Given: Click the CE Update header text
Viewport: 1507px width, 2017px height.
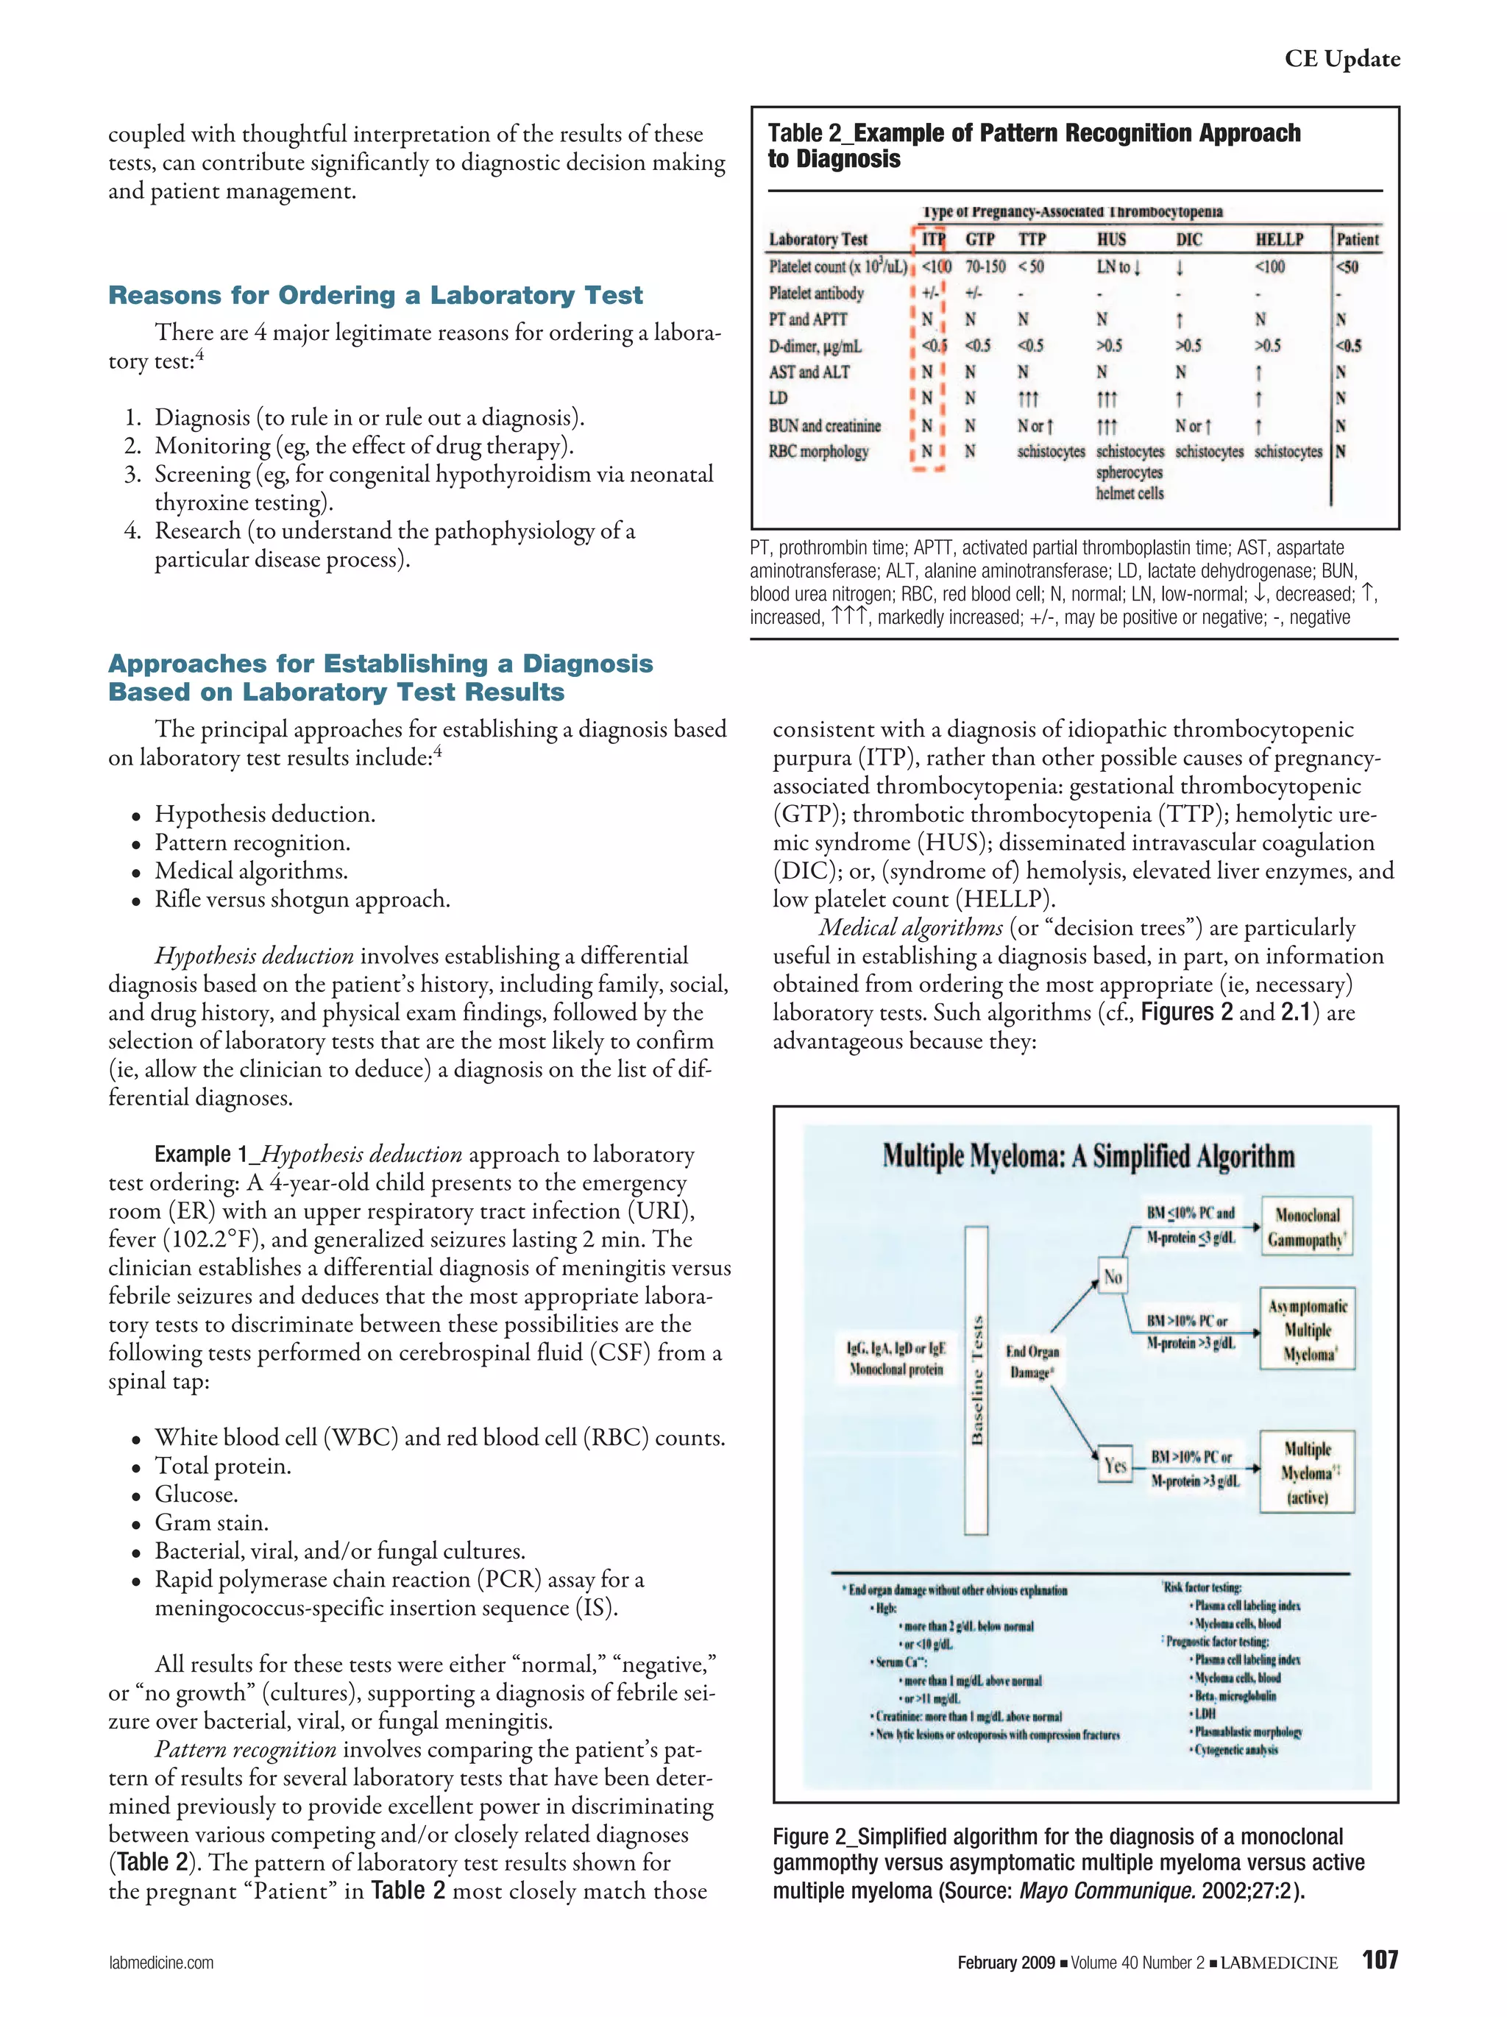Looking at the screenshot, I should tap(1341, 58).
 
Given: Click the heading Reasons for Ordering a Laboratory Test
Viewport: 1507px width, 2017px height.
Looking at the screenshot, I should tap(375, 295).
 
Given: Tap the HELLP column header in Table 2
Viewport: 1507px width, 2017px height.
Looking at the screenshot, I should tap(1278, 240).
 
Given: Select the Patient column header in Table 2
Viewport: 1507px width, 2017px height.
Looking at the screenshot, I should tap(1357, 240).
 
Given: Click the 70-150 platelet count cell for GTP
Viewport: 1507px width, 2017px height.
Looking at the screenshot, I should tap(985, 267).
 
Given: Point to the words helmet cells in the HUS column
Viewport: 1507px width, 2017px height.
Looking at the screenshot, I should tap(1129, 493).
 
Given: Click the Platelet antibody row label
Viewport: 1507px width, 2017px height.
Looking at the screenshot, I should tap(815, 294).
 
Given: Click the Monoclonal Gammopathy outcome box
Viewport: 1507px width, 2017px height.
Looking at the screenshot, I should tap(1306, 1227).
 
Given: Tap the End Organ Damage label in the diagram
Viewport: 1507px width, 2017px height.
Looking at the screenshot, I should tap(1032, 1361).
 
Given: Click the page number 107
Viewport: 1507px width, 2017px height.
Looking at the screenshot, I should tap(1380, 1960).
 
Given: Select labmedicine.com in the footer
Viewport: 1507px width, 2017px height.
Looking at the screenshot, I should tap(160, 1963).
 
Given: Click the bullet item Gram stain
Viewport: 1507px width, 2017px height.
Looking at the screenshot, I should tap(210, 1523).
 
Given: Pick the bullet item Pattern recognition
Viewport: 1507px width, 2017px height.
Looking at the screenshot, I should tap(252, 843).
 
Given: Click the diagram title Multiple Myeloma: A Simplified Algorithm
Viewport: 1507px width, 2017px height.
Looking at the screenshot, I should tap(1088, 1157).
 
